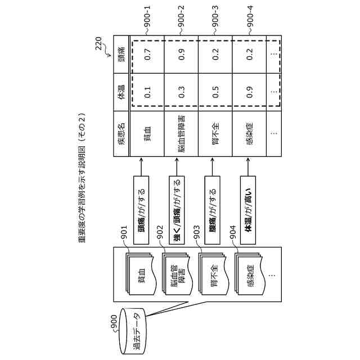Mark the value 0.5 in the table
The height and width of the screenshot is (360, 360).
pos(215,93)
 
